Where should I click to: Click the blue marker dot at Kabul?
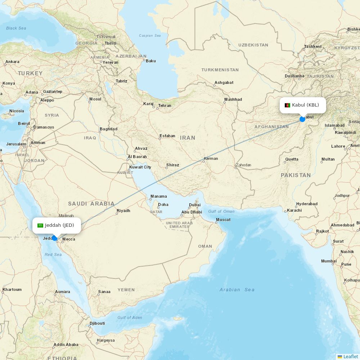[x=302, y=119]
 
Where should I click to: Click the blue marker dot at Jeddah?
[x=55, y=238]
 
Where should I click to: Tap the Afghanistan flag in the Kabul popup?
[x=287, y=105]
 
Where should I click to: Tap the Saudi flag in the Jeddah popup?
[x=40, y=225]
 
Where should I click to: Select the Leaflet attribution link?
[x=350, y=356]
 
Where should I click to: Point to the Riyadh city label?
[x=123, y=211]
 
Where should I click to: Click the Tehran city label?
[x=165, y=105]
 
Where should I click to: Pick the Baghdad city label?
[x=108, y=129]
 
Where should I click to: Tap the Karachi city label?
[x=294, y=210]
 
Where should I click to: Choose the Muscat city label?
[x=223, y=220]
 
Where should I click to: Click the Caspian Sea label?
[x=150, y=36]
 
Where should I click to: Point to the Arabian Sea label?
[x=237, y=289]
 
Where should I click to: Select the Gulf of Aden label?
[x=130, y=318]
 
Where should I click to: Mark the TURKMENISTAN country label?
[x=220, y=70]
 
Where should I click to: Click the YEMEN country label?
[x=126, y=289]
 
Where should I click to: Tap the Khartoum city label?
[x=12, y=289]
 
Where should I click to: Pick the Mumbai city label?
[x=329, y=261]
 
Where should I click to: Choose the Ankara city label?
[x=12, y=62]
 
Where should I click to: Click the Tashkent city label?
[x=312, y=46]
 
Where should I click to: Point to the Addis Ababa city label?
[x=66, y=345]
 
